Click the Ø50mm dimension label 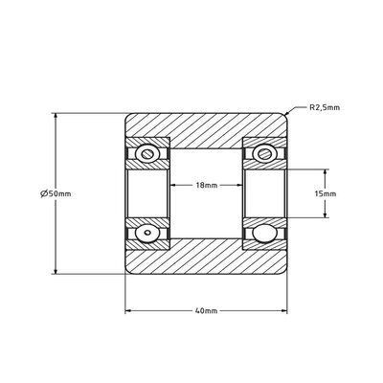point(56,193)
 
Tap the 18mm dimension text point(207,185)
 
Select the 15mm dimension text point(326,193)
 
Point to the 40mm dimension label point(206,310)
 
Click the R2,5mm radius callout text point(325,107)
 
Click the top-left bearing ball point(147,154)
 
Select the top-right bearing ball point(264,154)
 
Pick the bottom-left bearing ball point(147,233)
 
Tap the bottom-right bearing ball point(264,233)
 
